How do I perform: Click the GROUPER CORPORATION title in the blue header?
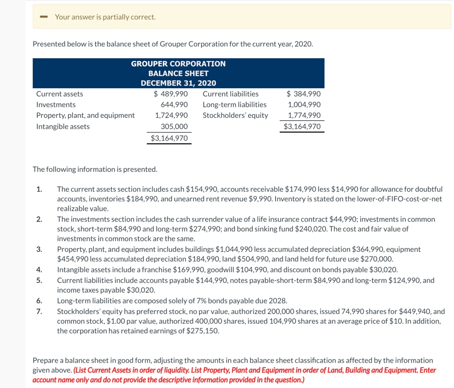click(178, 64)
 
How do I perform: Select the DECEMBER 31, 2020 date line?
click(178, 83)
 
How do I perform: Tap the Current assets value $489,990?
click(171, 94)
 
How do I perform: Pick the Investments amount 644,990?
click(174, 105)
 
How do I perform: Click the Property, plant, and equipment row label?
click(85, 115)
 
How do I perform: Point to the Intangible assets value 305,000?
click(174, 126)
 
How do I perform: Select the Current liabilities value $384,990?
click(304, 94)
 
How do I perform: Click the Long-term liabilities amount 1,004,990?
click(305, 105)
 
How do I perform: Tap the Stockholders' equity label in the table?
click(235, 115)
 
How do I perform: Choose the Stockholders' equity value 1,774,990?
click(305, 115)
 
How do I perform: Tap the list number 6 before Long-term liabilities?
click(39, 300)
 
